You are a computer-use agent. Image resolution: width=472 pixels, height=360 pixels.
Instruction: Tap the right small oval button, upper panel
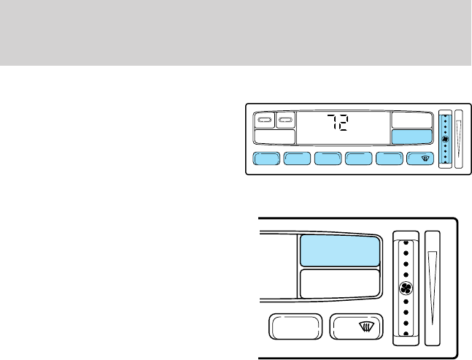pyautogui.click(x=285, y=119)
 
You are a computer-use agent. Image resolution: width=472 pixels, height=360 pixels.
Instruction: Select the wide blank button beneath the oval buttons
pyautogui.click(x=274, y=137)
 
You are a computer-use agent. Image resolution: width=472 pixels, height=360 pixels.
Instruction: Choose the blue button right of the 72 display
pyautogui.click(x=411, y=137)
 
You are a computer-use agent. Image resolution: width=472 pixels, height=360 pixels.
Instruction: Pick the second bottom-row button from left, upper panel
pyautogui.click(x=297, y=160)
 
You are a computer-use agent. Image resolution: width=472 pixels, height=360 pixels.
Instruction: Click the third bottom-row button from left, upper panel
pyautogui.click(x=328, y=160)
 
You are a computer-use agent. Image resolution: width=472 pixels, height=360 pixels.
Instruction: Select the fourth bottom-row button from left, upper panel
pyautogui.click(x=358, y=160)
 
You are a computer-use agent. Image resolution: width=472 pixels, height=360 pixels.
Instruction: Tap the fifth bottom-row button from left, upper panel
pyautogui.click(x=389, y=160)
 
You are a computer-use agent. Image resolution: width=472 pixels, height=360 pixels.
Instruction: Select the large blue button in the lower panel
pyautogui.click(x=340, y=250)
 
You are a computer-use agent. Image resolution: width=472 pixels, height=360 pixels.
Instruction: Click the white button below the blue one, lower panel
pyautogui.click(x=340, y=283)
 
